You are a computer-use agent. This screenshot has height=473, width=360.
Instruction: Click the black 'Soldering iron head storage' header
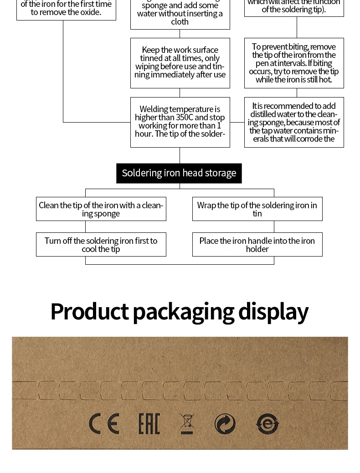179,173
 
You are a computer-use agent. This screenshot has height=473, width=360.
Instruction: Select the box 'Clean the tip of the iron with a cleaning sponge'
101,209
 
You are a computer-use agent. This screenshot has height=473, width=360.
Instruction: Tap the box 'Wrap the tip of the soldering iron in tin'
257,209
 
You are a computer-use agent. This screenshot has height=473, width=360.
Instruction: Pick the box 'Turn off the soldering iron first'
101,245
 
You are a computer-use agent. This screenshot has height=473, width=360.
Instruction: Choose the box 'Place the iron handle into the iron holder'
257,245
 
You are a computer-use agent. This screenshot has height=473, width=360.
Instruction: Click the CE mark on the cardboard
104,424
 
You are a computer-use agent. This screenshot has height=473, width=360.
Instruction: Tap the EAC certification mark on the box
149,424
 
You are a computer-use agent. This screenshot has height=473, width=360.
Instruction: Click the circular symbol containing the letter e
267,424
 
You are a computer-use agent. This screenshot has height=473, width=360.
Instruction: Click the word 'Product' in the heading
89,312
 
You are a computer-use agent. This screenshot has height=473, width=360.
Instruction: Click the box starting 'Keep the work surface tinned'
180,63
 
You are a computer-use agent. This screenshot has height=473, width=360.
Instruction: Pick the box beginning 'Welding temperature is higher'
180,122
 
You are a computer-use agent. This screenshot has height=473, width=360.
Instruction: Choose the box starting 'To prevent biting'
294,63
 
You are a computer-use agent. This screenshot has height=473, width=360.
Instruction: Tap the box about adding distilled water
294,122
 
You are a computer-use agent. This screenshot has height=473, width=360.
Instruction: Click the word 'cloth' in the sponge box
180,22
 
